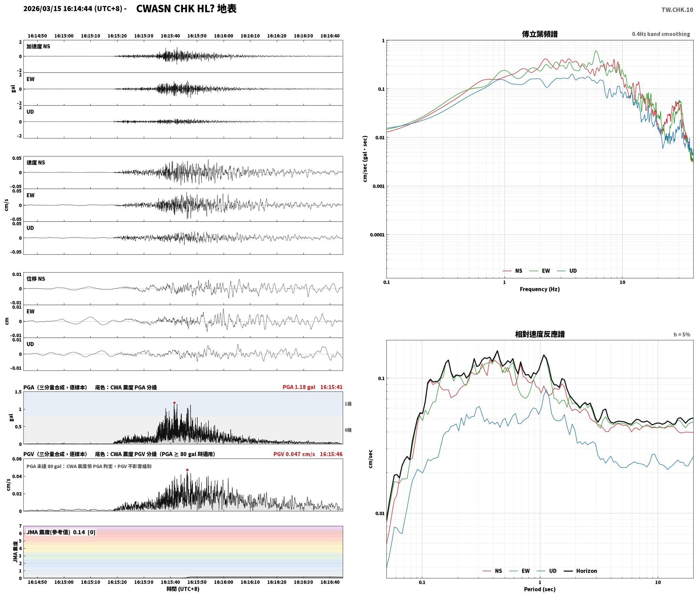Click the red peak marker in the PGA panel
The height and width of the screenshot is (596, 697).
(174, 403)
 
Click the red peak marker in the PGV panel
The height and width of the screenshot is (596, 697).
(187, 470)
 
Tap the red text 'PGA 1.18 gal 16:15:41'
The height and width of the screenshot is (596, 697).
(313, 387)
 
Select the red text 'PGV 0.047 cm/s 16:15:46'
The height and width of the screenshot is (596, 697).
(308, 454)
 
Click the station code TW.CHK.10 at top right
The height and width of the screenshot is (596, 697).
(677, 10)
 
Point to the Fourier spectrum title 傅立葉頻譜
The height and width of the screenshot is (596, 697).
(540, 34)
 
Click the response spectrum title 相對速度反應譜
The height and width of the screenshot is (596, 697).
(540, 334)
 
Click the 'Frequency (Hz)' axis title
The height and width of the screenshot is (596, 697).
(540, 289)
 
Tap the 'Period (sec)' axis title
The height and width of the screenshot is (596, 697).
(540, 589)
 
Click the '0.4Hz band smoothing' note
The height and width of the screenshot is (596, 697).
(661, 34)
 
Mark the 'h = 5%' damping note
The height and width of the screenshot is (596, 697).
(682, 335)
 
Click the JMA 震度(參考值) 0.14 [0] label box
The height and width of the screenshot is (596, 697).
(61, 532)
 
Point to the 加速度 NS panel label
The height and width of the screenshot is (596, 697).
(38, 46)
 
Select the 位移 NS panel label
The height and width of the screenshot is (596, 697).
(36, 279)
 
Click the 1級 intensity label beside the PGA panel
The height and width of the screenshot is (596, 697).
(348, 404)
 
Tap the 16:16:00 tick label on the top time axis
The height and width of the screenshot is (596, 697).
(223, 36)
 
